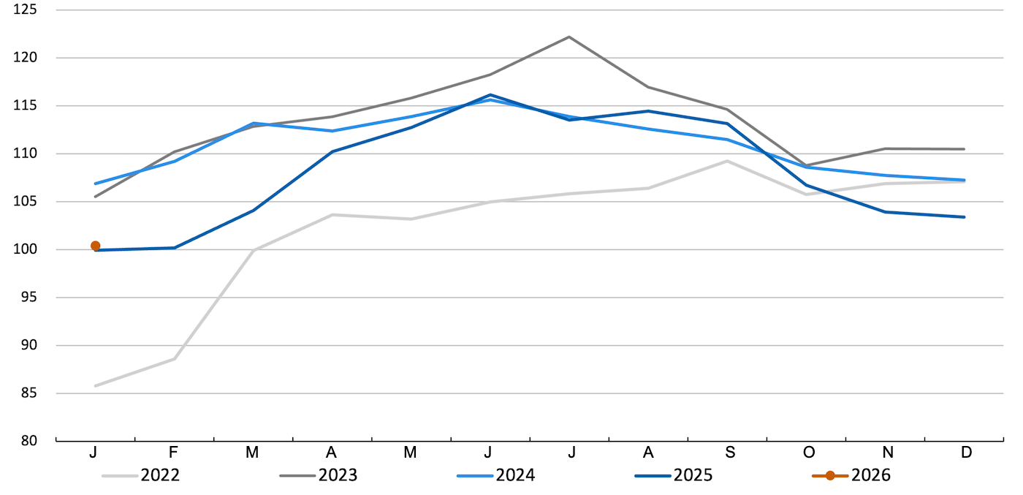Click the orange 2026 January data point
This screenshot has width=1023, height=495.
pyautogui.click(x=96, y=246)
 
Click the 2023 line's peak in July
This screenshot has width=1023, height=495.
pyautogui.click(x=569, y=37)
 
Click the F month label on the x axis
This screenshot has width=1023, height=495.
pyautogui.click(x=173, y=453)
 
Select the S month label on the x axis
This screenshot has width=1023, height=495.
pyautogui.click(x=729, y=453)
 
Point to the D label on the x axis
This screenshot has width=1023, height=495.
pyautogui.click(x=966, y=453)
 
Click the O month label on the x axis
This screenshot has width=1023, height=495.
pyautogui.click(x=808, y=453)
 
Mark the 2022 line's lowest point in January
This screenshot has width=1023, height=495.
pyautogui.click(x=96, y=385)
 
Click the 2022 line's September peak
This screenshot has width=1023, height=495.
pyautogui.click(x=727, y=161)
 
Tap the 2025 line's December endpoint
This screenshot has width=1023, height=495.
pyautogui.click(x=965, y=216)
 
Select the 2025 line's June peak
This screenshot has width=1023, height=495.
pyautogui.click(x=490, y=94)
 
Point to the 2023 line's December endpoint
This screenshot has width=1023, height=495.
pyautogui.click(x=965, y=149)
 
